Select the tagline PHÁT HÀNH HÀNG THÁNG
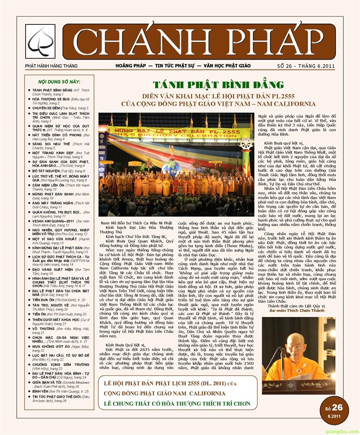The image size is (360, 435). [52, 66]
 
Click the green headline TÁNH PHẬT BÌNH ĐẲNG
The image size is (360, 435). [204, 85]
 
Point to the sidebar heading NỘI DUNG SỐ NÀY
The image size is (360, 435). [59, 81]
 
